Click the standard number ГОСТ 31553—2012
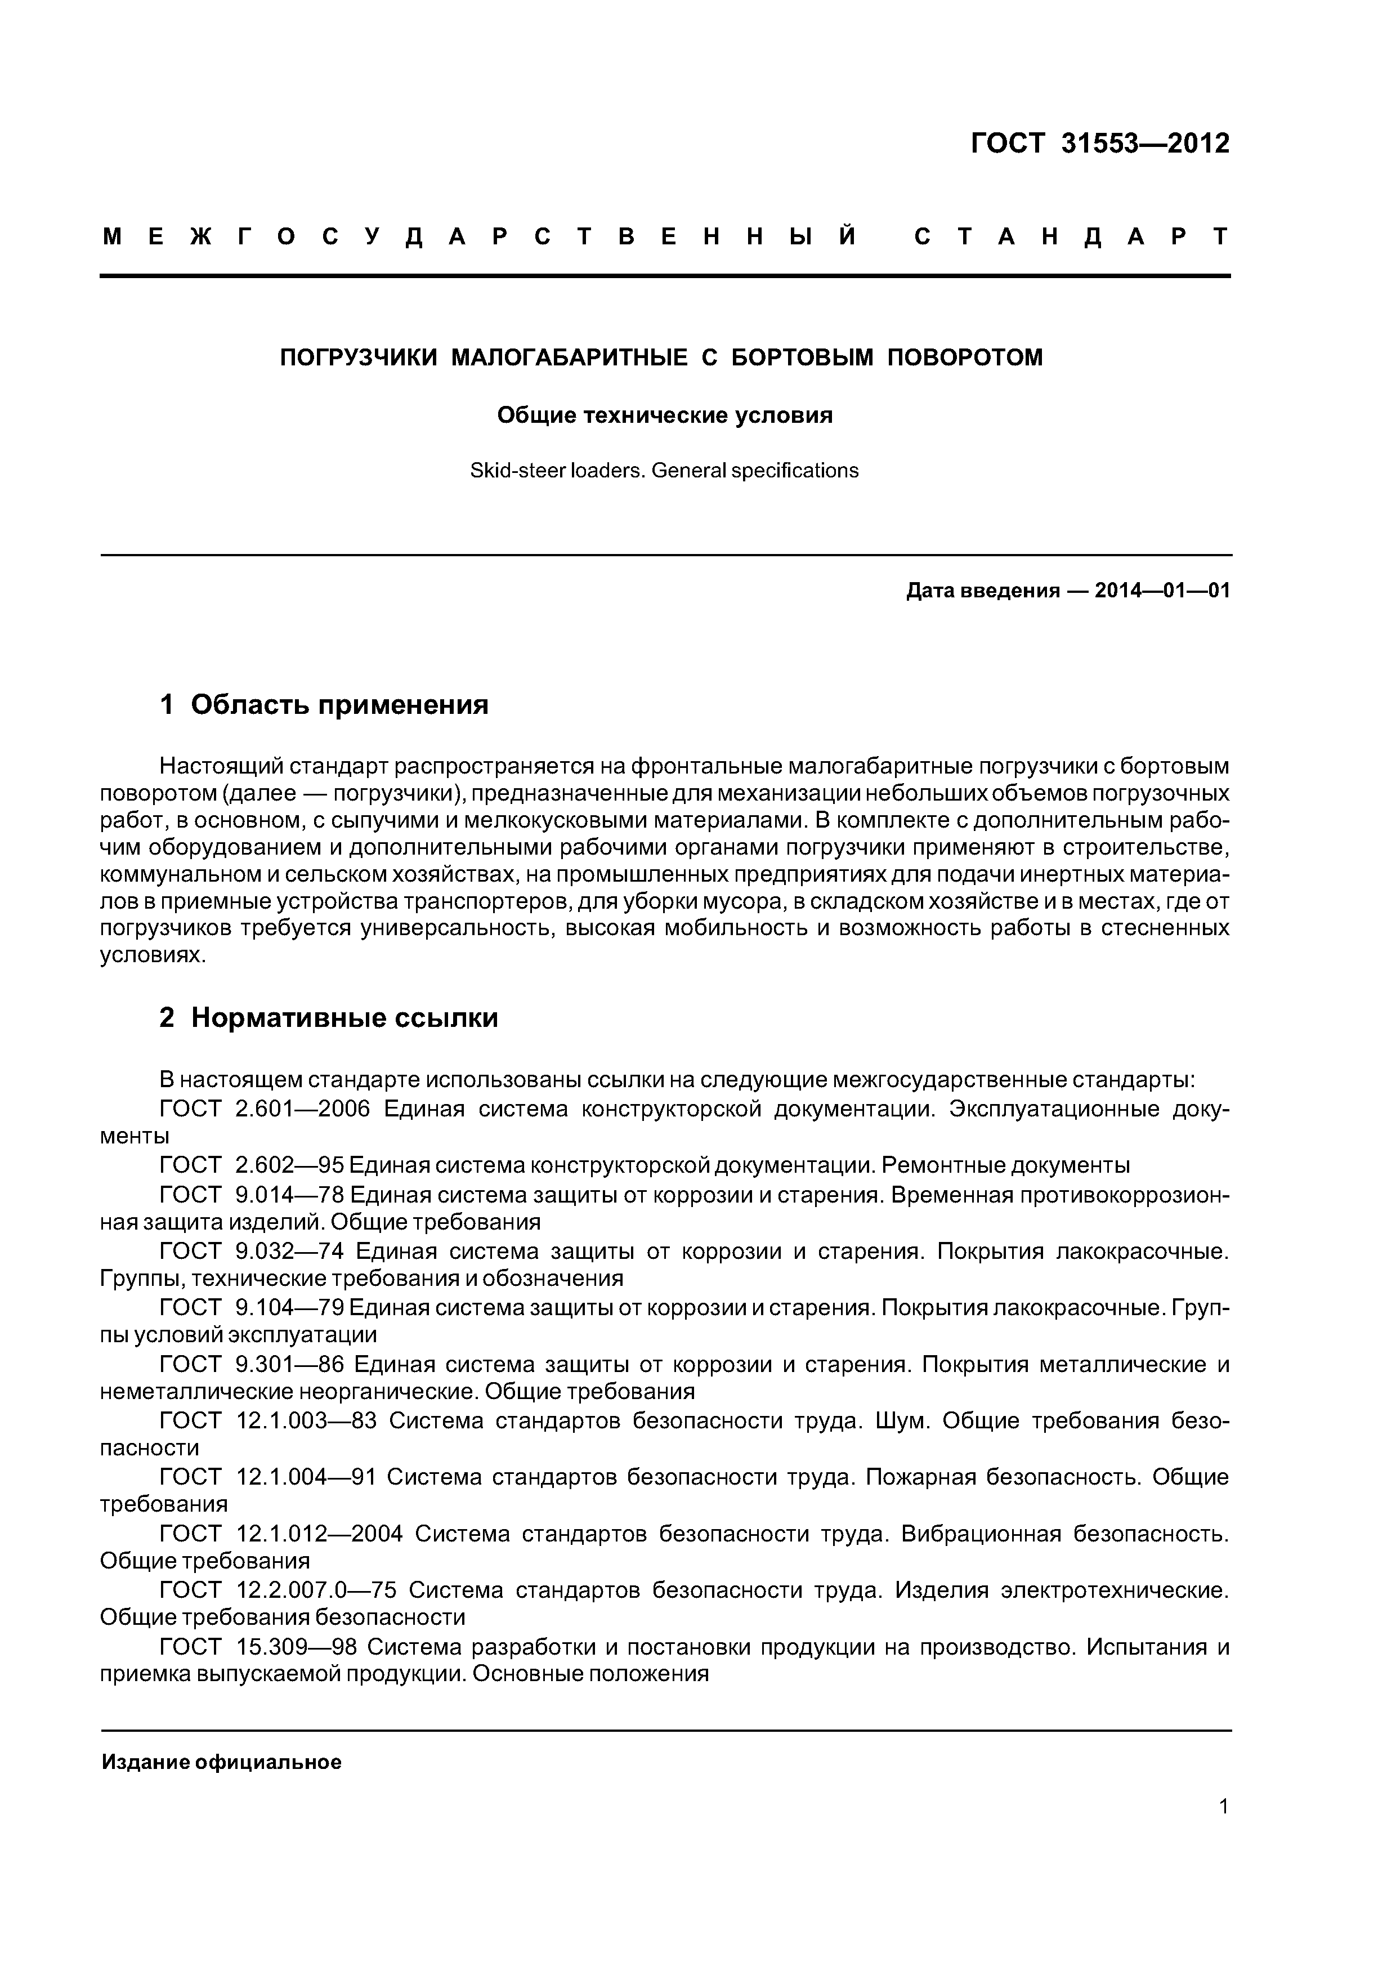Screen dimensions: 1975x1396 click(1099, 143)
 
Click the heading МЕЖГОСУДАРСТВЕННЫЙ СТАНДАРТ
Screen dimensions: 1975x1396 click(665, 236)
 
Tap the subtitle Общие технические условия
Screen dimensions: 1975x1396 click(664, 415)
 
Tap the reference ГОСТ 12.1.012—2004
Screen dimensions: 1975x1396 click(281, 1534)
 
